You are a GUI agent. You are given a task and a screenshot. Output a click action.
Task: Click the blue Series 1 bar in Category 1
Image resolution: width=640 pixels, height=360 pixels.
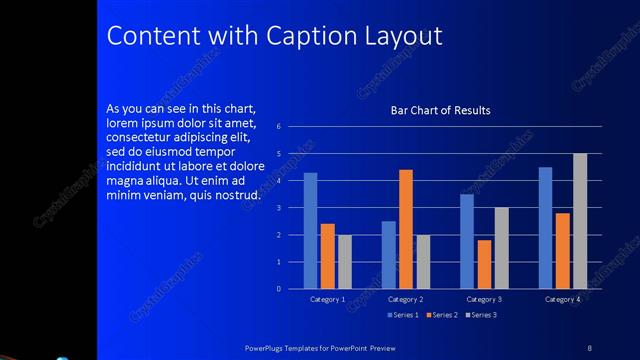coord(310,231)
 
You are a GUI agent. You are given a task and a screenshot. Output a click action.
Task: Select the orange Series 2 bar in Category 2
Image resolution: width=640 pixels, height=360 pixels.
coord(406,229)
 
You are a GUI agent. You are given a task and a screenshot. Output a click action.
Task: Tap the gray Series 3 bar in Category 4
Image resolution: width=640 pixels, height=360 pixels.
coord(579,221)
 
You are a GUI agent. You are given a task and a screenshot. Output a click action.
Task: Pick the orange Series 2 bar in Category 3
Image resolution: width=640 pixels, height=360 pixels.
coord(484,264)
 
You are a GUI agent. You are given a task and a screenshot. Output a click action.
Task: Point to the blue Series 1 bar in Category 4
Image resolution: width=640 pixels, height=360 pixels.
coord(545,228)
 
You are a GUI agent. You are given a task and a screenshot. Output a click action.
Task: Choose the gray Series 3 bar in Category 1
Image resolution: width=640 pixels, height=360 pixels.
coord(345,262)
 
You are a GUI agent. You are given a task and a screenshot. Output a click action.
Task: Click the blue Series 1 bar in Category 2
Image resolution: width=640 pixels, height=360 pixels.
coord(389,255)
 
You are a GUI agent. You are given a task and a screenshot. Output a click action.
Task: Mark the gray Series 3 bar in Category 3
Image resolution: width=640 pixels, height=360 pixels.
coord(501,248)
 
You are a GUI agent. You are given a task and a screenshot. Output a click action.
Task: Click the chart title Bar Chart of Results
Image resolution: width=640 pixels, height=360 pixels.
coord(440,110)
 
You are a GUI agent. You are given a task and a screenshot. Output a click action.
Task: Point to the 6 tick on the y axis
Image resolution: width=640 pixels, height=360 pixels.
coord(292,127)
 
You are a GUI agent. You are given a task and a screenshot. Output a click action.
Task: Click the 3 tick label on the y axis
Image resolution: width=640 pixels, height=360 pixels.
coord(292,208)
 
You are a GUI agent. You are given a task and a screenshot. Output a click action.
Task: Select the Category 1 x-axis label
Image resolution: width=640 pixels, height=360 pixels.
coord(328,299)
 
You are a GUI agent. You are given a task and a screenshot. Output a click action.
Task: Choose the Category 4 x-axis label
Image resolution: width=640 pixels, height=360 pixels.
coord(562,299)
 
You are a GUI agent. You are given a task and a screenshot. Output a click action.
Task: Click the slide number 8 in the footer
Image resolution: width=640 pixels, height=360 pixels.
coord(590,347)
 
